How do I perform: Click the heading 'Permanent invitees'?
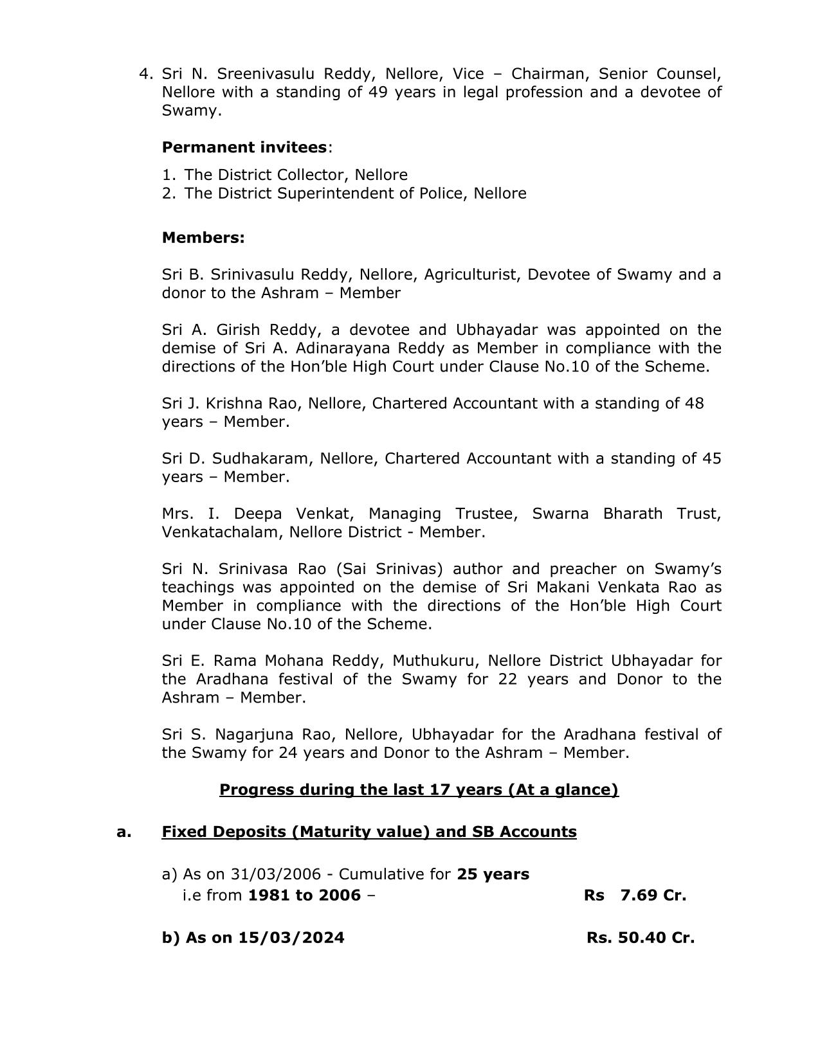click(x=244, y=147)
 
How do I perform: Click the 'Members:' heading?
click(x=203, y=238)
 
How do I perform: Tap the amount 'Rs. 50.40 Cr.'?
click(x=640, y=938)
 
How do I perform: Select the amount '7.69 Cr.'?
click(x=653, y=895)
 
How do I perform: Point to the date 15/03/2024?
click(x=291, y=938)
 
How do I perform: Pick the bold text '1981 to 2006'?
click(x=304, y=895)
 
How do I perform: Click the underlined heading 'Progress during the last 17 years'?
click(x=419, y=789)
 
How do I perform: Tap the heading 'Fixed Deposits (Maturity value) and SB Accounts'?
click(x=369, y=832)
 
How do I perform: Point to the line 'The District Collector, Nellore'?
click(x=296, y=175)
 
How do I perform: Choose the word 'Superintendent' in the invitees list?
click(x=334, y=193)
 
